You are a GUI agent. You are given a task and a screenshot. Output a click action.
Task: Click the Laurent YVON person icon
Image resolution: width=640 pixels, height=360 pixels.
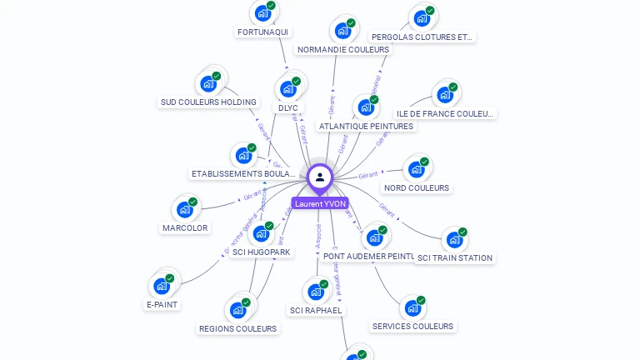click(320, 177)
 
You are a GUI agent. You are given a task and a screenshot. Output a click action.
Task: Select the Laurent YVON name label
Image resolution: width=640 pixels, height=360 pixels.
click(320, 203)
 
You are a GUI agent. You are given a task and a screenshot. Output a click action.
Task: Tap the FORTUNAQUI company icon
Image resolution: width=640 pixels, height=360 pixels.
click(263, 13)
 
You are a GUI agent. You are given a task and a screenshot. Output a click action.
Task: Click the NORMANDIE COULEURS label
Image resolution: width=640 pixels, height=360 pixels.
click(343, 49)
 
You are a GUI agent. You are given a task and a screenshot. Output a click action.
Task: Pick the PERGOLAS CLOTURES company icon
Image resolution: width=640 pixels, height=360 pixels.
click(422, 18)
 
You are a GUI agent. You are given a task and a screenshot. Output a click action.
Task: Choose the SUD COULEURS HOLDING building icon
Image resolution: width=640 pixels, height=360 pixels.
click(208, 84)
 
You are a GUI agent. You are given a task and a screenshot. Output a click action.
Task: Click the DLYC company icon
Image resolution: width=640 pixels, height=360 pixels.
click(288, 88)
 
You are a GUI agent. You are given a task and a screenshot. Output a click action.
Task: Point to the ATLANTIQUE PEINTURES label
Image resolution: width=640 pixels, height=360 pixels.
click(366, 126)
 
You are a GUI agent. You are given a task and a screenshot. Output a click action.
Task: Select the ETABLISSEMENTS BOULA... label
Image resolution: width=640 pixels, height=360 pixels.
click(243, 173)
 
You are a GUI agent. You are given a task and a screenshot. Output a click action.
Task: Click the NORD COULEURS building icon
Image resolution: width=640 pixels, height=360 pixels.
click(417, 169)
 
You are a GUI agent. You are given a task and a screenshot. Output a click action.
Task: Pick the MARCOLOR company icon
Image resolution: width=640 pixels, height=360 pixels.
click(185, 209)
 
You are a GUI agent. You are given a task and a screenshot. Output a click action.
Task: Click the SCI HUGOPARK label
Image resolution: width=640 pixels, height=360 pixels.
click(262, 252)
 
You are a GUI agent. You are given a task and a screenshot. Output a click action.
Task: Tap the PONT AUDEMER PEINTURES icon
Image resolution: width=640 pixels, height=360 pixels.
click(374, 237)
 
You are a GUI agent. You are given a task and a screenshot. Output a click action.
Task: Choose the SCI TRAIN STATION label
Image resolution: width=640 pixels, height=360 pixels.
click(454, 257)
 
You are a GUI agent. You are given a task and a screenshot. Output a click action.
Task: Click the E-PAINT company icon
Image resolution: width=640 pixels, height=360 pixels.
click(162, 286)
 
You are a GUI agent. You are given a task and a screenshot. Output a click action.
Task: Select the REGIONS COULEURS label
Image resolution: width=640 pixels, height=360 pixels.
click(237, 328)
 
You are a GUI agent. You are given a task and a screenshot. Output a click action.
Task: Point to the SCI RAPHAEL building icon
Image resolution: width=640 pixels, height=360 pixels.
click(316, 292)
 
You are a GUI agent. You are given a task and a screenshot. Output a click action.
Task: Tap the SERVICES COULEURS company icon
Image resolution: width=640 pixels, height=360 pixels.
click(412, 308)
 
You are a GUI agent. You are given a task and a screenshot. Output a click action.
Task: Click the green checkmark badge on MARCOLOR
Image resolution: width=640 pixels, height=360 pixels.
click(192, 202)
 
